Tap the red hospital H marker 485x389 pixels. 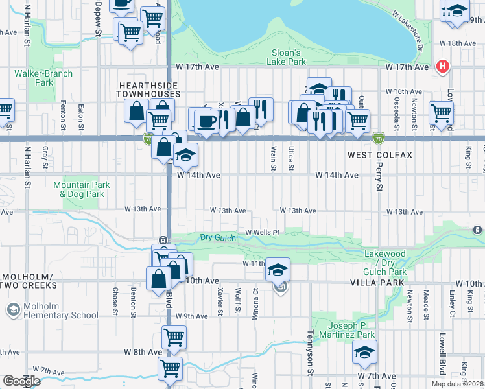tap(444, 65)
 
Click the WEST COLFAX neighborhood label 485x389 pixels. tap(380, 156)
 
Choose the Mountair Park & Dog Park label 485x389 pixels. tap(82, 189)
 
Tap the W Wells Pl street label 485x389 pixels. tap(262, 232)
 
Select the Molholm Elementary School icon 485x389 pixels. tap(12, 310)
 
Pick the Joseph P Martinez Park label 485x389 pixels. tap(352, 330)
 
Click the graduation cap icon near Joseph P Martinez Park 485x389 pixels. tap(364, 353)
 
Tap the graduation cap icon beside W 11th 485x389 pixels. tap(278, 269)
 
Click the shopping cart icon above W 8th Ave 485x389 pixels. tap(174, 337)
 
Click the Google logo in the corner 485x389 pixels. tap(21, 381)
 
